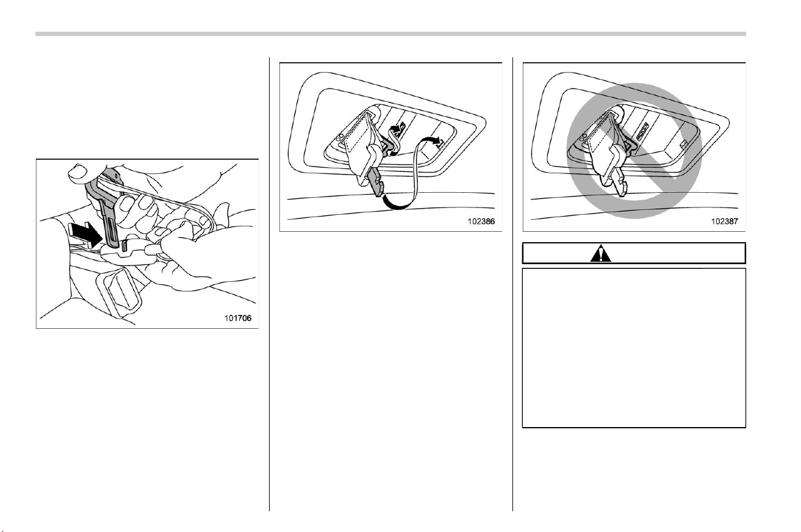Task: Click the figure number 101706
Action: click(238, 318)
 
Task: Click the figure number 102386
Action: click(481, 221)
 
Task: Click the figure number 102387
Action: click(725, 221)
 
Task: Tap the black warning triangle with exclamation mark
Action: click(601, 253)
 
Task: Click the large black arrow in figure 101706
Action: click(85, 234)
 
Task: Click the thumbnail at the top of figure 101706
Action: click(79, 173)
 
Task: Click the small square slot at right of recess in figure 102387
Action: click(684, 144)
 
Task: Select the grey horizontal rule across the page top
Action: click(390, 34)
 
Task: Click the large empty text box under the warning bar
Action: click(634, 348)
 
